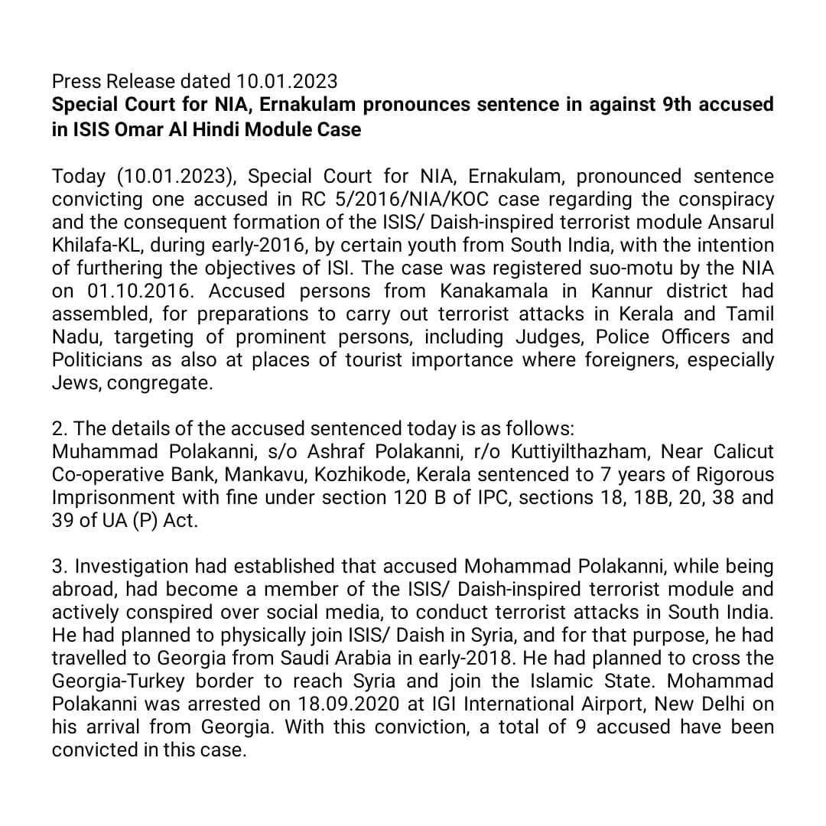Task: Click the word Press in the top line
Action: coord(76,80)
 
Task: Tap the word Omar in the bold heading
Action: coord(143,128)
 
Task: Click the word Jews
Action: coord(76,382)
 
